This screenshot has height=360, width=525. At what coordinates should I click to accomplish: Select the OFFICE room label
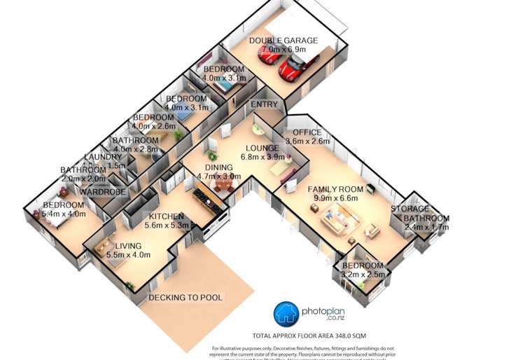pos(307,132)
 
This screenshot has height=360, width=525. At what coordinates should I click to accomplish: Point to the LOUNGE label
pos(262,148)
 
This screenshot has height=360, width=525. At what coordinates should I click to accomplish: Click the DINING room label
pos(218,167)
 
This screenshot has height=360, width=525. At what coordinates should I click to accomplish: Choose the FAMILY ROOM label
pos(335,189)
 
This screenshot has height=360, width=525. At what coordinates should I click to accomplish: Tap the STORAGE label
pos(409,209)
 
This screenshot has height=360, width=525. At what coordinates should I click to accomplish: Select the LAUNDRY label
pos(103,158)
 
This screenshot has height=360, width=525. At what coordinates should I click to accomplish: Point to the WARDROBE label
pos(102,191)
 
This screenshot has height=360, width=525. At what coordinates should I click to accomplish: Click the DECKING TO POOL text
pos(185,298)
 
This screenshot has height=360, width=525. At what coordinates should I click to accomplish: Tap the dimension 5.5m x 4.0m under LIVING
pos(128,256)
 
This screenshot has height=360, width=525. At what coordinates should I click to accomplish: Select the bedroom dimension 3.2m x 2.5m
pos(363,275)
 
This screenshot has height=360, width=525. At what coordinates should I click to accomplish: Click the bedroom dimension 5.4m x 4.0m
pos(64,214)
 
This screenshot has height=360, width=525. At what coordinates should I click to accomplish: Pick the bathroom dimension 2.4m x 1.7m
pos(426,228)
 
